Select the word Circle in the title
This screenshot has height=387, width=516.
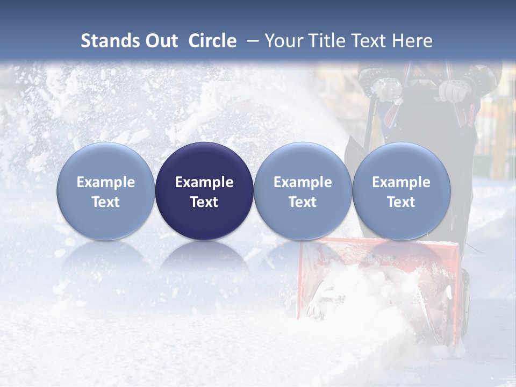tap(212, 41)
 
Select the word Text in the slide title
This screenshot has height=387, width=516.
tap(367, 41)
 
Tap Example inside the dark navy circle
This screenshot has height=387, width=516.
tap(204, 182)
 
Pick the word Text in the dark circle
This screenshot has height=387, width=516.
tap(204, 202)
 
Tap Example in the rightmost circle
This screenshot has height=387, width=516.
tap(401, 182)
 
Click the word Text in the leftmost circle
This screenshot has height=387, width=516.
tap(106, 202)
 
